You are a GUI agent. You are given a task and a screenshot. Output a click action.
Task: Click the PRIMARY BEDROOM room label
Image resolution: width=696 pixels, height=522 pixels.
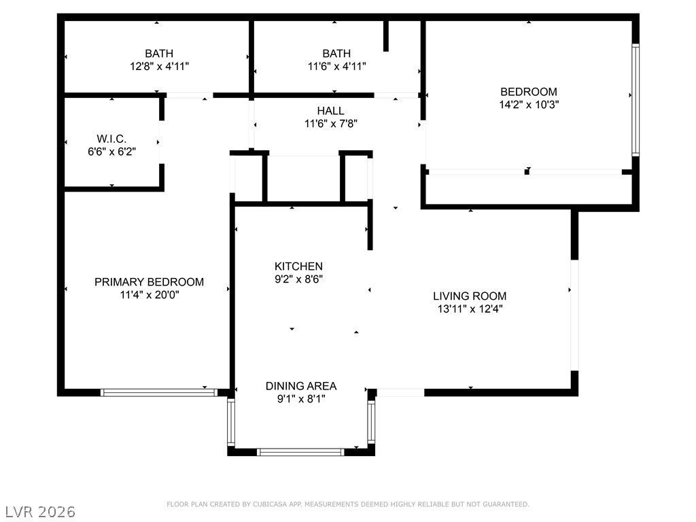point(149,282)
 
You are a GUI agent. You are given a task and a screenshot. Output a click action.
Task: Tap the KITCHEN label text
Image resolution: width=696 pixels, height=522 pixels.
point(298,266)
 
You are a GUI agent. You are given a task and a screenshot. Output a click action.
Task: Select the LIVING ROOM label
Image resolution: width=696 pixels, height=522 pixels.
point(470,296)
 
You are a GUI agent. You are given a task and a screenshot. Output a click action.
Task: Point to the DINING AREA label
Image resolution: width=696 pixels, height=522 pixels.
point(301,386)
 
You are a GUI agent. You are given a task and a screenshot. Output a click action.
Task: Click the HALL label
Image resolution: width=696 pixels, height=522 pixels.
point(331,111)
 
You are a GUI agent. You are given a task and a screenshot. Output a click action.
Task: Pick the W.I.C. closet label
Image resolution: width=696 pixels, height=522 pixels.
point(111,139)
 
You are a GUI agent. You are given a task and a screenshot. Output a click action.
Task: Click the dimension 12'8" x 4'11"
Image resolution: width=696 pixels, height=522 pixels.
point(159,67)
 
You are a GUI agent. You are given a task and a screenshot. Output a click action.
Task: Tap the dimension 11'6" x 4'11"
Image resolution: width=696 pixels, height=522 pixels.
point(337,67)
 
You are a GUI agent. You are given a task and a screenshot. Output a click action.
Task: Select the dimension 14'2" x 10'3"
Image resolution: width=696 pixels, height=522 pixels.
point(529,105)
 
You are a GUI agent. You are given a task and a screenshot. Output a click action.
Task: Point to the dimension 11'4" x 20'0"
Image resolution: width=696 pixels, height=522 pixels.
point(150,295)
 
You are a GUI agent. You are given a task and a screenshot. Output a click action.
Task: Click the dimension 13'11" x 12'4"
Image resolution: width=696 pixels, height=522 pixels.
point(470,309)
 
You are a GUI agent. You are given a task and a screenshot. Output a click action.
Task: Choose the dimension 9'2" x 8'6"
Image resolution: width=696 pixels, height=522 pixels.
point(299,279)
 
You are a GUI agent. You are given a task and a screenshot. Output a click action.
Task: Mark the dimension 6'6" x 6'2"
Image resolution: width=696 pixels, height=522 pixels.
point(112,152)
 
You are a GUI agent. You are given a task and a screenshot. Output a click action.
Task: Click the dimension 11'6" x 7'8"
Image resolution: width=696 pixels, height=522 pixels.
point(331,124)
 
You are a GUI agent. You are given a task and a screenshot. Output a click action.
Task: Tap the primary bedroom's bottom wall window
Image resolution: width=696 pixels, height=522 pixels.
point(159,392)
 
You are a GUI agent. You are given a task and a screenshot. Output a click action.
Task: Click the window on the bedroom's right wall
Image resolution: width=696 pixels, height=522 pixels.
point(636,99)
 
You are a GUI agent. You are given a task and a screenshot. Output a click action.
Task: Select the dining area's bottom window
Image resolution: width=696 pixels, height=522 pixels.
point(300,452)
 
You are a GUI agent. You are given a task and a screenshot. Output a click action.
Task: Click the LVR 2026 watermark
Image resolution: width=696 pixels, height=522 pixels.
point(40,512)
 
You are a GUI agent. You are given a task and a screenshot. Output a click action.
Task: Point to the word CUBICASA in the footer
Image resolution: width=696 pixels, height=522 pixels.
point(269,504)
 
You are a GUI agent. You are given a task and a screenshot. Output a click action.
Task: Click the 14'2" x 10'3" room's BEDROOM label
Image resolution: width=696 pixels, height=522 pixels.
point(529,92)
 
